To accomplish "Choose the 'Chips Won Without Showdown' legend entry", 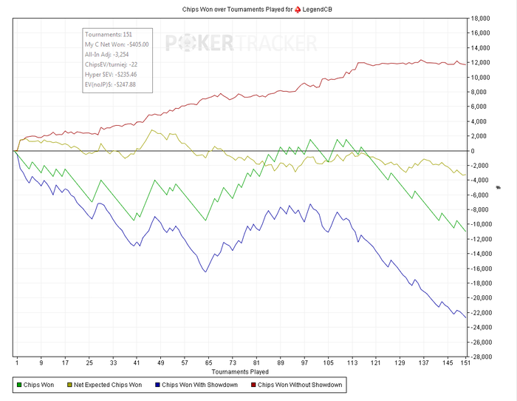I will click(298, 385).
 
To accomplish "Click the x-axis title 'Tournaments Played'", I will click(241, 371).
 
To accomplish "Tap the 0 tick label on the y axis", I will click(478, 151).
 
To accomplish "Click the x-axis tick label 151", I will click(464, 363).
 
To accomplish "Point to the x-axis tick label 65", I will click(209, 363).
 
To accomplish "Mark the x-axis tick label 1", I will click(16, 363).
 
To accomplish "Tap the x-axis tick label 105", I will click(328, 363).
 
